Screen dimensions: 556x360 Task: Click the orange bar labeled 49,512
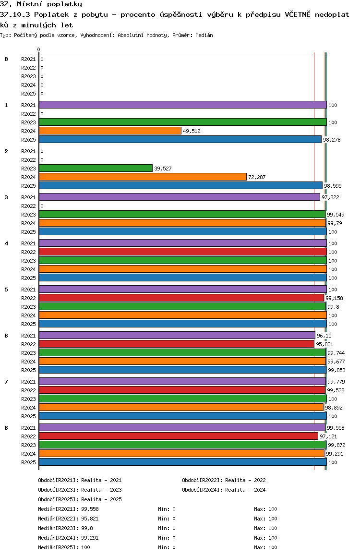(110, 131)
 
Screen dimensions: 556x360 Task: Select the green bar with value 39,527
(96, 168)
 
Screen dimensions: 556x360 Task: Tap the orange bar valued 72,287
(143, 177)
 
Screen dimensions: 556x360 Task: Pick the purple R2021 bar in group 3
(179, 197)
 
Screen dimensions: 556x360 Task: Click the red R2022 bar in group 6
(176, 344)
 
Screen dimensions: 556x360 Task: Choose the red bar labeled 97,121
(178, 436)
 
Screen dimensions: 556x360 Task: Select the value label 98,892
(334, 408)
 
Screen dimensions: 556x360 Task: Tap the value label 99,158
(334, 298)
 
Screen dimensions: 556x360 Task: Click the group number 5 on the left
(6, 290)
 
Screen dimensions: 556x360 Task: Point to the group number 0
(6, 59)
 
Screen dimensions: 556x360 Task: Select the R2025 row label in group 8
(28, 462)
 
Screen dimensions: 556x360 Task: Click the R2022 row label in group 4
(28, 252)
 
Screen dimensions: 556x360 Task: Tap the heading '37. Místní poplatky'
(41, 4)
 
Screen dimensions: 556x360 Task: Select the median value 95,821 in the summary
(90, 519)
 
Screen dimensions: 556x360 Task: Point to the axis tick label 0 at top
(39, 49)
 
